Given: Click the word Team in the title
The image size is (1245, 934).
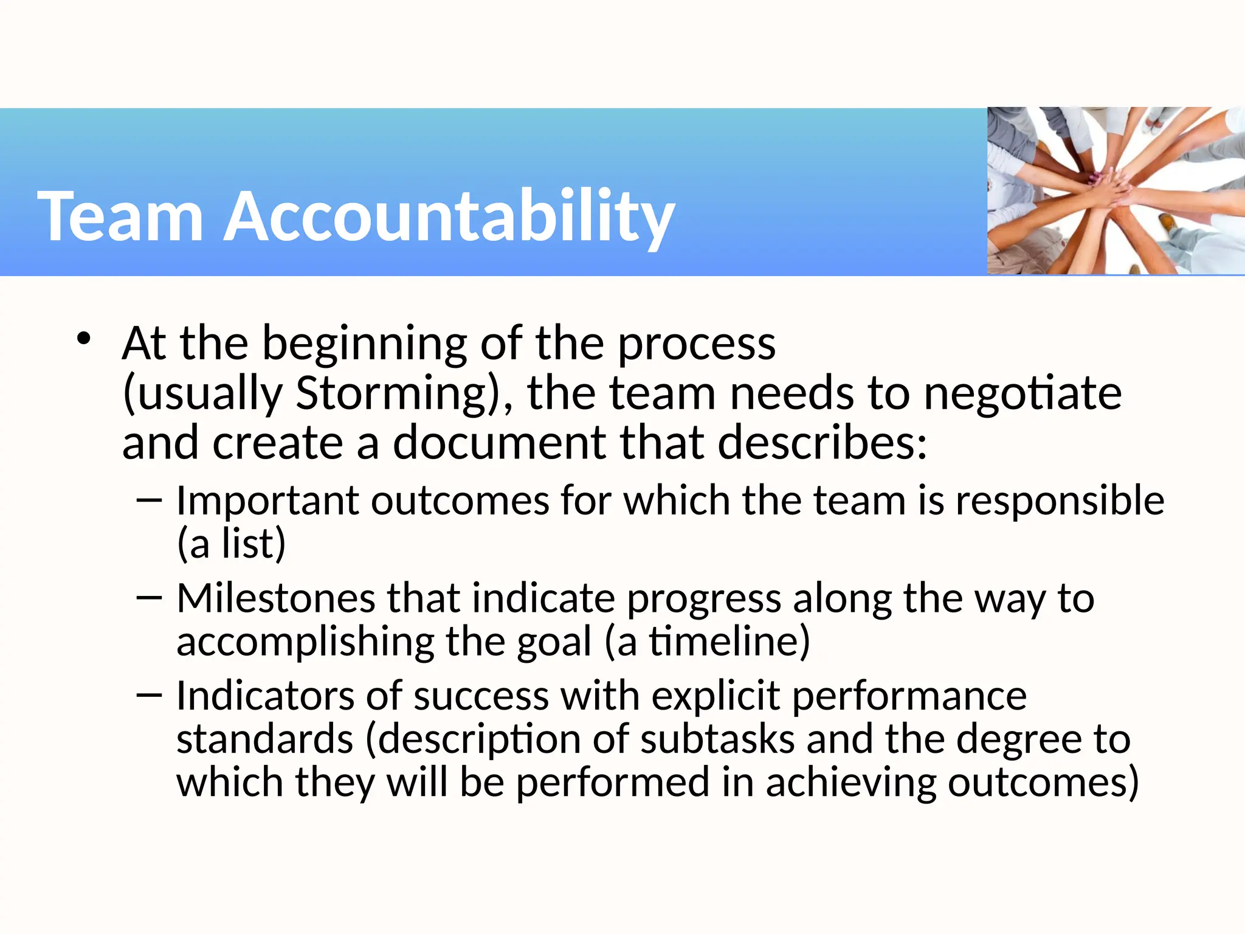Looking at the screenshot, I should click(x=120, y=216).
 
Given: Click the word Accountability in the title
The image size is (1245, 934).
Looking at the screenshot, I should click(x=450, y=216).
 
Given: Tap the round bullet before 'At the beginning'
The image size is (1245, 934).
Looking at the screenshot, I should click(x=84, y=339).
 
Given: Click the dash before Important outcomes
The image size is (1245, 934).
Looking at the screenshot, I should click(x=150, y=500).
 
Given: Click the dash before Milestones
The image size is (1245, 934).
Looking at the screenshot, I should click(x=150, y=598).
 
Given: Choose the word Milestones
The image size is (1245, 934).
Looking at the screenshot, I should click(x=276, y=598).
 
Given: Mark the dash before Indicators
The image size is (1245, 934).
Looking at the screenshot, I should click(x=150, y=696).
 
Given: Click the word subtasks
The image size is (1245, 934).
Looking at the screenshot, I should click(x=717, y=739).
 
